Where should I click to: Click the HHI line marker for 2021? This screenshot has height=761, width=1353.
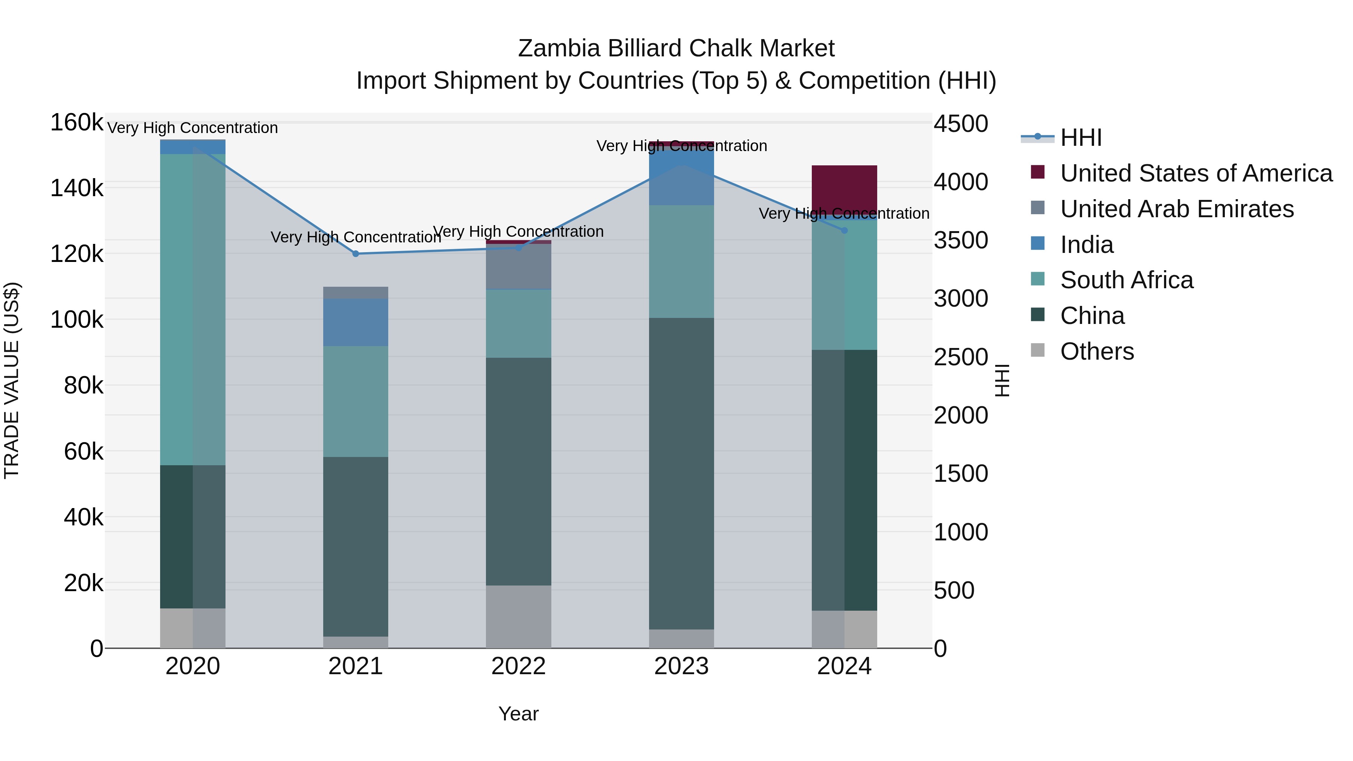pyautogui.click(x=356, y=254)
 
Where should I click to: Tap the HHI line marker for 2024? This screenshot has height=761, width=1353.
pyautogui.click(x=844, y=230)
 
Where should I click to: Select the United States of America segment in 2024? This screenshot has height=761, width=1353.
pyautogui.click(x=844, y=189)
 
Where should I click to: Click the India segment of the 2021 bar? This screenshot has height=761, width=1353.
pyautogui.click(x=356, y=322)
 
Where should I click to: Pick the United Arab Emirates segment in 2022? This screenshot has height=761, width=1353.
pyautogui.click(x=518, y=266)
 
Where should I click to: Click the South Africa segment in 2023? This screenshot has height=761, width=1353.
pyautogui.click(x=681, y=261)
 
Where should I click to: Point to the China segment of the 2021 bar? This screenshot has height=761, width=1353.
pyautogui.click(x=356, y=546)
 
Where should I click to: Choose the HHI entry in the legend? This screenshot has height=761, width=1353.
pyautogui.click(x=1081, y=138)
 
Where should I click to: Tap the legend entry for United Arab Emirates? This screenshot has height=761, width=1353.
pyautogui.click(x=1176, y=209)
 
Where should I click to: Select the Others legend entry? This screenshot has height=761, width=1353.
pyautogui.click(x=1097, y=351)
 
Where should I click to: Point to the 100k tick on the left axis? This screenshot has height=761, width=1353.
pyautogui.click(x=77, y=319)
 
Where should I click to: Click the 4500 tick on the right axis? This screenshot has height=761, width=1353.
pyautogui.click(x=961, y=124)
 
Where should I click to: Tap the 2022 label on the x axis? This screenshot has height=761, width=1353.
pyautogui.click(x=518, y=666)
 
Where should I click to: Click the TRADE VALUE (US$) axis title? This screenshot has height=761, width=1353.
pyautogui.click(x=12, y=380)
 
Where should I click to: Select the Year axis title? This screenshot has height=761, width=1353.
pyautogui.click(x=518, y=714)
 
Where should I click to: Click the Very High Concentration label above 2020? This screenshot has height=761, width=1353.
pyautogui.click(x=192, y=128)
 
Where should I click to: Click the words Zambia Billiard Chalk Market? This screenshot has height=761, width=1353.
pyautogui.click(x=676, y=48)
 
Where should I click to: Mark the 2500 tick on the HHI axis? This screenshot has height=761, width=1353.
pyautogui.click(x=961, y=357)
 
